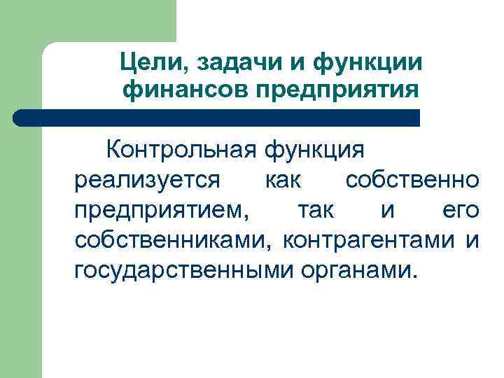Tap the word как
coord(283,180)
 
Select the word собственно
coord(412,180)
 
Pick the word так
coord(315,209)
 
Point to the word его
coord(461,210)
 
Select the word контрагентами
coord(370,239)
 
